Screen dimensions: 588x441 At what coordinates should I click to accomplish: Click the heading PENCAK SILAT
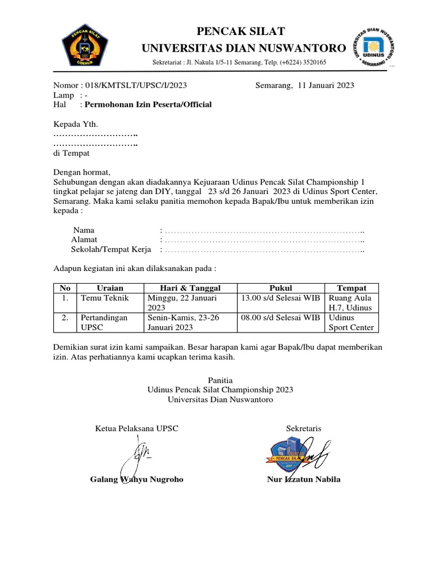(x=241, y=31)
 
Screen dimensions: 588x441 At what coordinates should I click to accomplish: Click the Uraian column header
(x=110, y=288)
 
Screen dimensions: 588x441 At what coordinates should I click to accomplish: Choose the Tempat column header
(x=351, y=288)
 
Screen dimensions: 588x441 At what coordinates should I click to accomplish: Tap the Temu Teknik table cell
(x=105, y=298)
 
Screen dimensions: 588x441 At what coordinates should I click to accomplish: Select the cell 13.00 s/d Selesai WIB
(x=280, y=298)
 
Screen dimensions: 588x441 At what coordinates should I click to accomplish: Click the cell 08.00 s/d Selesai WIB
(x=280, y=317)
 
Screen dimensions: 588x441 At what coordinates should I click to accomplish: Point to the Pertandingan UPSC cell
(x=104, y=322)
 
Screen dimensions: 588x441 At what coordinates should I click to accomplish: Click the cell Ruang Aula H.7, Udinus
(x=350, y=303)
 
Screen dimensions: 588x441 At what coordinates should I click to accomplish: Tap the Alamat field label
(x=84, y=239)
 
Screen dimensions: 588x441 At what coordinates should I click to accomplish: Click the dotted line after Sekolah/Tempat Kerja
(x=265, y=250)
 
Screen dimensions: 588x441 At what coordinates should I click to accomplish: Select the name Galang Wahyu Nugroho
(x=137, y=479)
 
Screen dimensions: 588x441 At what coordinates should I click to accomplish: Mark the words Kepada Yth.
(x=75, y=124)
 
